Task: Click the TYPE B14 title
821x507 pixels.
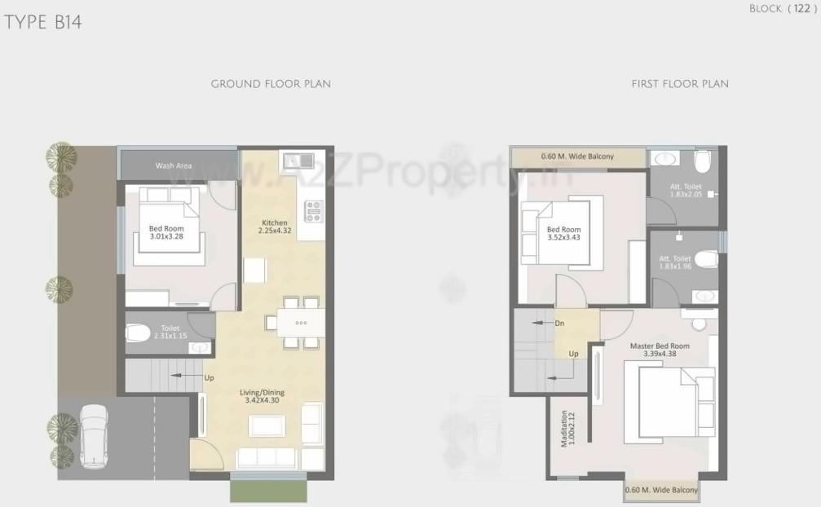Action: [x=43, y=23]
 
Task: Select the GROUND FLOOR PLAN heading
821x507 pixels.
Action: [x=271, y=84]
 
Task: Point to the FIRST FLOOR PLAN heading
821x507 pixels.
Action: [x=680, y=84]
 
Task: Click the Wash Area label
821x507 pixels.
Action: [x=174, y=166]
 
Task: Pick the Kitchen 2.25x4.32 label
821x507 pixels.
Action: [x=275, y=227]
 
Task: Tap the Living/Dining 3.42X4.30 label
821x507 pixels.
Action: [x=260, y=396]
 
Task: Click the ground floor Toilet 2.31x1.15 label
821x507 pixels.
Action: [x=170, y=332]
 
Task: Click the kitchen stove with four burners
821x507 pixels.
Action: [x=314, y=211]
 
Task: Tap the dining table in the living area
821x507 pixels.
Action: [x=300, y=322]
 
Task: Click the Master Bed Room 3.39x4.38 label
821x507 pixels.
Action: [x=660, y=350]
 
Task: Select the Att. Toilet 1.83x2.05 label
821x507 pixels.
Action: [x=675, y=190]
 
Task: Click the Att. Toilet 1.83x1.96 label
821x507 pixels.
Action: [x=675, y=262]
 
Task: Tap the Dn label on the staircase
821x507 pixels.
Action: [x=559, y=323]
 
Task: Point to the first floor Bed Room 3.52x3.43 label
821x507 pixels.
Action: [x=564, y=234]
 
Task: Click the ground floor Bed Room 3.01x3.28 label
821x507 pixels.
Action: [x=166, y=233]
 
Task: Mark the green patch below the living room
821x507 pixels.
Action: [x=268, y=491]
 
